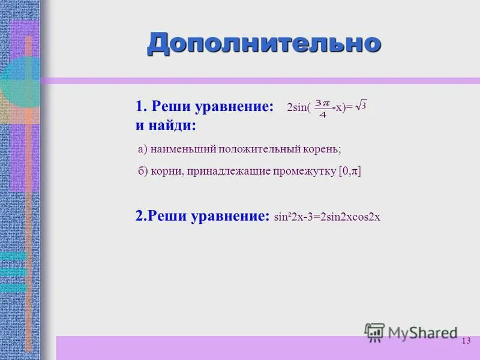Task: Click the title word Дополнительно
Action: pos(264,43)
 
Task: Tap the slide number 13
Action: pos(466,341)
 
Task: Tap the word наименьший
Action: pos(182,149)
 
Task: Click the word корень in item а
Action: pos(323,149)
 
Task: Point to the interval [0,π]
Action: pos(350,172)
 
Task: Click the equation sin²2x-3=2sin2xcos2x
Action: pos(327,217)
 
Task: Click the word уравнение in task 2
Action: pos(230,216)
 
